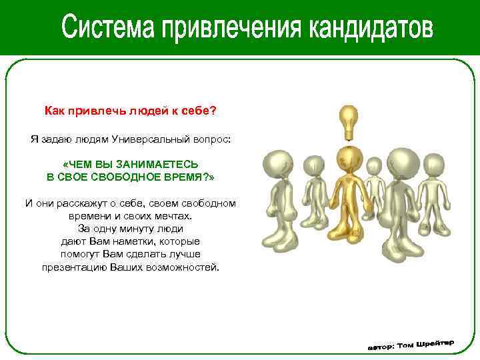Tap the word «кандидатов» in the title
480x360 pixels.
pyautogui.click(x=371, y=28)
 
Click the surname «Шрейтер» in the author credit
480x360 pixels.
pyautogui.click(x=434, y=342)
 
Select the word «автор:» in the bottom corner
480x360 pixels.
pyautogui.click(x=381, y=347)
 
